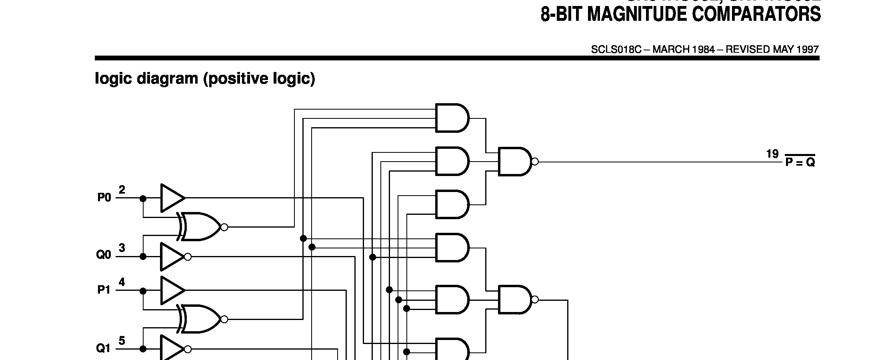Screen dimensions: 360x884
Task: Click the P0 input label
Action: tap(104, 198)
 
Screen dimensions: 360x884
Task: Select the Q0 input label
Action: tap(104, 255)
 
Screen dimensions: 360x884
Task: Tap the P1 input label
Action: tap(104, 290)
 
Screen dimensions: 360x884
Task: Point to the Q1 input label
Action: tap(104, 348)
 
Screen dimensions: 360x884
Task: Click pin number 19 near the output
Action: tap(772, 154)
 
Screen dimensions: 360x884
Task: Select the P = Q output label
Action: tap(800, 162)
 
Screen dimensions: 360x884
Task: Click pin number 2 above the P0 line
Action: tap(122, 190)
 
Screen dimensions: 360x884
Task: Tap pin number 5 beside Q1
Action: tap(122, 341)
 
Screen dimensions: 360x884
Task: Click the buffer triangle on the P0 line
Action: tap(171, 198)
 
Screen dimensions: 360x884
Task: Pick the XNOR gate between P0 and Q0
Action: tap(200, 227)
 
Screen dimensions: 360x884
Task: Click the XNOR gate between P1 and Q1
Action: tap(200, 319)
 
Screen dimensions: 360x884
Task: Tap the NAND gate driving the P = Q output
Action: tap(515, 162)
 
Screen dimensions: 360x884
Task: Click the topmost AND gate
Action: tap(451, 118)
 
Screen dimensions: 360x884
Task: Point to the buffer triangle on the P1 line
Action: tap(171, 290)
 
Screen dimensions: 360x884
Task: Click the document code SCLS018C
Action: tap(616, 50)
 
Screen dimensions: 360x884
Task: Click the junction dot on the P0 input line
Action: tap(143, 198)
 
